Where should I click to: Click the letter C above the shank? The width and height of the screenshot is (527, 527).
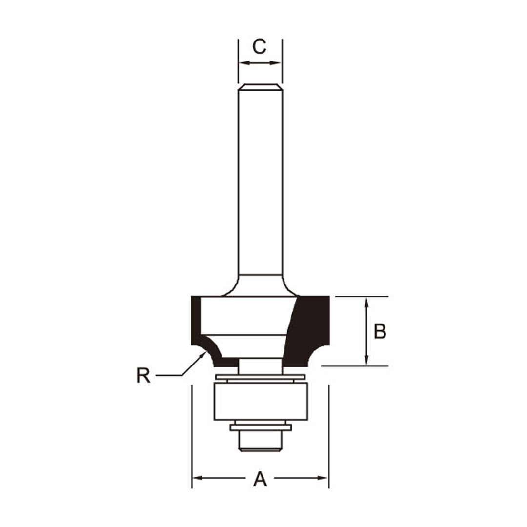click(260, 46)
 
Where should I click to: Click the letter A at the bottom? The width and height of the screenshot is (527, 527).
click(260, 479)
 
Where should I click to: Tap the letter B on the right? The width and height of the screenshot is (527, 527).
click(380, 331)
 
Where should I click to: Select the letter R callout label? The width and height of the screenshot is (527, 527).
click(143, 375)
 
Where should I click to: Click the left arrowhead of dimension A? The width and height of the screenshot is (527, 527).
click(197, 478)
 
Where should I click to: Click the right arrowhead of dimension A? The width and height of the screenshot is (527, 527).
click(323, 478)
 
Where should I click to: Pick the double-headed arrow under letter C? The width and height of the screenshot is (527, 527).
click(261, 63)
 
